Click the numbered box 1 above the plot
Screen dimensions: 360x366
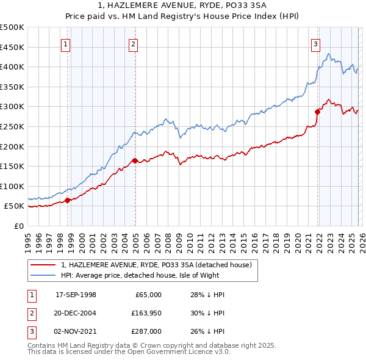pos(65,43)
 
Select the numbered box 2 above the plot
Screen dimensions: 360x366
pos(133,43)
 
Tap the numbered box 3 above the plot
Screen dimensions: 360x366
pos(315,43)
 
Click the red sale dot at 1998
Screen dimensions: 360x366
pos(67,200)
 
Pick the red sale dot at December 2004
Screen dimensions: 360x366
pos(135,160)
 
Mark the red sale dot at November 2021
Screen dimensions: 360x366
pos(317,112)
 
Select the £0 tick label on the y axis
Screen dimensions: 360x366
pos(18,226)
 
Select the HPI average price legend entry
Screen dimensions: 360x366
pos(151,275)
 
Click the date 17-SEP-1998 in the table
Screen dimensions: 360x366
pos(76,295)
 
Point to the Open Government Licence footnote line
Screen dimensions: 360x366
pos(129,352)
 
